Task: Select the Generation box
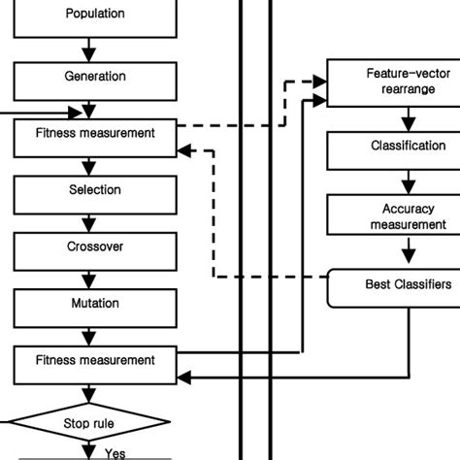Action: point(94,77)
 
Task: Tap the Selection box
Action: point(94,190)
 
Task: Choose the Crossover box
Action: point(94,246)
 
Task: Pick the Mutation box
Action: point(94,304)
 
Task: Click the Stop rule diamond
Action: point(90,423)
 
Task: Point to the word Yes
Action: point(115,452)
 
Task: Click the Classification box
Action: point(393,148)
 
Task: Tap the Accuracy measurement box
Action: point(393,216)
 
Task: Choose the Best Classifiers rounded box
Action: point(393,284)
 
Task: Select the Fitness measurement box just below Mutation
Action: point(94,360)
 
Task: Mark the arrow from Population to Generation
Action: point(90,46)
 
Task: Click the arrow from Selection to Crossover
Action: point(90,218)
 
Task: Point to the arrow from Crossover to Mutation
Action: point(90,276)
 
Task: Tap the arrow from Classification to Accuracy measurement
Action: point(408,181)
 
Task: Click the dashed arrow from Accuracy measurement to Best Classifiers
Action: point(408,250)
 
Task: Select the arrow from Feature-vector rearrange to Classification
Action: point(408,117)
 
